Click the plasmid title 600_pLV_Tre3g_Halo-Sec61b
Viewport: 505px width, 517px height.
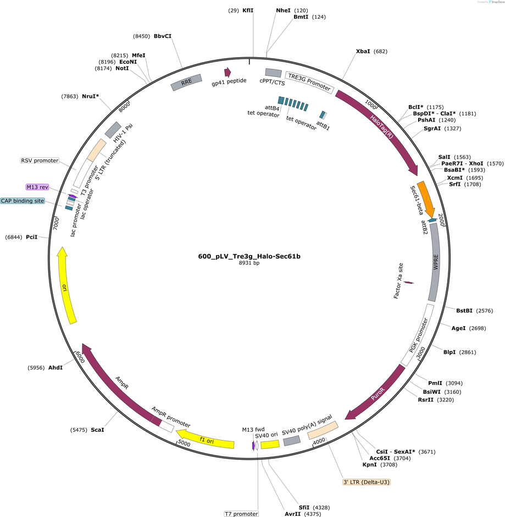(x=249, y=256)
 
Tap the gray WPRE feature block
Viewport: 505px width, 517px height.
(x=435, y=262)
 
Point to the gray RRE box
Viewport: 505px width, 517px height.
(x=186, y=82)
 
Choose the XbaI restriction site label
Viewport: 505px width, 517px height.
(x=363, y=52)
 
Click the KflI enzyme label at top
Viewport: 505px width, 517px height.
(x=248, y=10)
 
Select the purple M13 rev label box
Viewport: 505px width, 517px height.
(x=37, y=187)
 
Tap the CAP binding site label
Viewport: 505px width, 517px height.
(x=23, y=201)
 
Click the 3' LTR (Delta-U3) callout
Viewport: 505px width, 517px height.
(x=367, y=482)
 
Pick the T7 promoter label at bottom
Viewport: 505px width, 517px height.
(x=241, y=514)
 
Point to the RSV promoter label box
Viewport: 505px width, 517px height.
(x=40, y=161)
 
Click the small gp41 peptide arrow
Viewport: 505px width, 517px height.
(x=227, y=73)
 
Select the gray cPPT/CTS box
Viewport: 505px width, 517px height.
(x=274, y=73)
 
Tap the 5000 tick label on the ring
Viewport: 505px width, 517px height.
(x=184, y=443)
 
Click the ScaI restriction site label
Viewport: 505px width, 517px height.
(x=97, y=430)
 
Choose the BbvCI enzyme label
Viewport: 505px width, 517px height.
(x=163, y=36)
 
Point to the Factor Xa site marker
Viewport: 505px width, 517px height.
(x=408, y=283)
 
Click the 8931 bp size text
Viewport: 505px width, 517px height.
(x=249, y=263)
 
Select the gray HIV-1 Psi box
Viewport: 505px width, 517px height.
(x=113, y=130)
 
